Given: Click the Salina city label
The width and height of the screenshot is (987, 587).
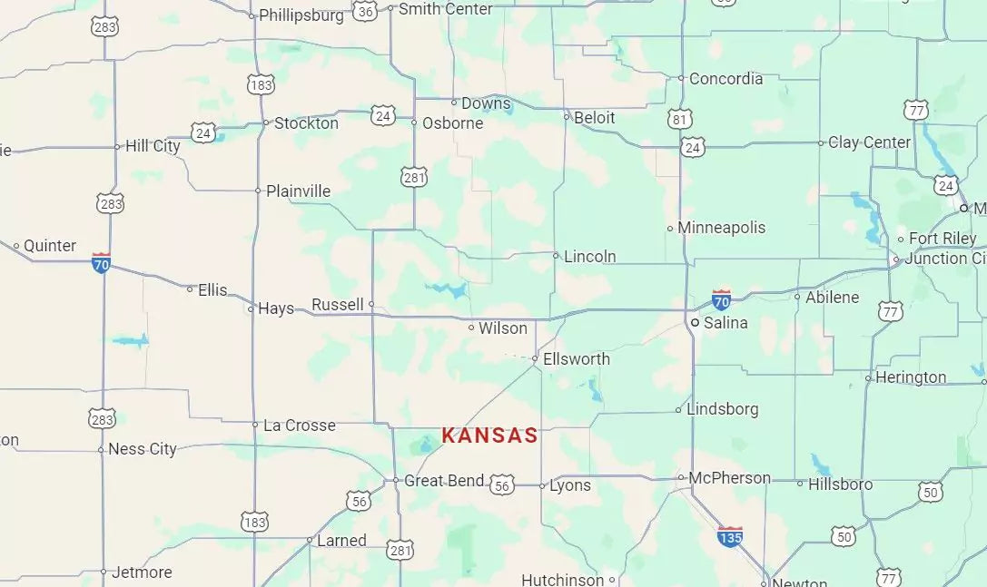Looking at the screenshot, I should [x=725, y=323].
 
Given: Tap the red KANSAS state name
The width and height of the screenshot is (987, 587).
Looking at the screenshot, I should [x=489, y=435].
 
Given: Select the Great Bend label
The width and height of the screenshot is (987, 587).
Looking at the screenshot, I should [x=443, y=481].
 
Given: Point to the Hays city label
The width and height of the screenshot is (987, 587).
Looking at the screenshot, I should [x=275, y=308].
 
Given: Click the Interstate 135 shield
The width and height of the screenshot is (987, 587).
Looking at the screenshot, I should [x=730, y=536].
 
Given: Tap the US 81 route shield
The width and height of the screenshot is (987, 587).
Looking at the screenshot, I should [x=680, y=119].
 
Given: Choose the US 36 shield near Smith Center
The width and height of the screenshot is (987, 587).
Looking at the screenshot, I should [x=365, y=11].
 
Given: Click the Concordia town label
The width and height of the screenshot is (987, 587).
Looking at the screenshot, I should [x=725, y=79].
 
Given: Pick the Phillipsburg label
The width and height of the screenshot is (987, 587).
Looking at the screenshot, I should [x=301, y=15].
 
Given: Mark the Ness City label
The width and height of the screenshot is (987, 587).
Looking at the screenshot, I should [x=142, y=449].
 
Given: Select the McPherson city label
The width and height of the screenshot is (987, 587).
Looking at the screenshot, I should [x=729, y=478].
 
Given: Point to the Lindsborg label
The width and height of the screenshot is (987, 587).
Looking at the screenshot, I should [x=722, y=409].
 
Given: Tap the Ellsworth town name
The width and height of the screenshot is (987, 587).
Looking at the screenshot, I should [x=577, y=359].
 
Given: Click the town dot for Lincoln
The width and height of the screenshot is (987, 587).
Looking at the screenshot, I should [x=556, y=256].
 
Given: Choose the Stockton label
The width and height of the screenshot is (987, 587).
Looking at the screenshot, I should [x=306, y=122].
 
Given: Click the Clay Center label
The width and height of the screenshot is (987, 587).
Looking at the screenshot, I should [x=869, y=142].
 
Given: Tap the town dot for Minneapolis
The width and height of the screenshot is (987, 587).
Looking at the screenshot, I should [x=670, y=229].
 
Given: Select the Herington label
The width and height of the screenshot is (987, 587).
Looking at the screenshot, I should [x=911, y=377].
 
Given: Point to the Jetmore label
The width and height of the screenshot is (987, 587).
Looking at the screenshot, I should [x=141, y=572].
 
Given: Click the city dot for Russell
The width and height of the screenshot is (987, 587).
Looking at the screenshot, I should [x=371, y=304].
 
